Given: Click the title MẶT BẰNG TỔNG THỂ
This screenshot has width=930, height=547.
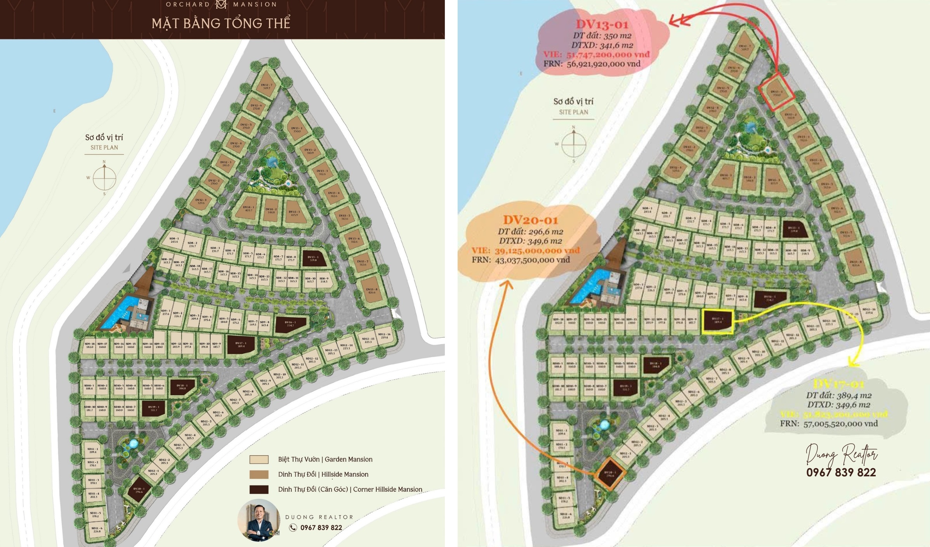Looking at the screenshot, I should coord(221,23).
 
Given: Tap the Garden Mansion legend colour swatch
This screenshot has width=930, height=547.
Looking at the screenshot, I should coord(259,460).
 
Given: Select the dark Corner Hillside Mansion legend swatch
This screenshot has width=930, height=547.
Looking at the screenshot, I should coord(259,490).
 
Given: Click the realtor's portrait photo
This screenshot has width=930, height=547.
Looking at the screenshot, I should coord(259,520).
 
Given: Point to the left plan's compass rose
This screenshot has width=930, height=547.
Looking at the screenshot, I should coord(104,178).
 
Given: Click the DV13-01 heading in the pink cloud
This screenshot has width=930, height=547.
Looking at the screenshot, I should coord(602,24).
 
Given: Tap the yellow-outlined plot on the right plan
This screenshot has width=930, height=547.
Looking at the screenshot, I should coord(717,321).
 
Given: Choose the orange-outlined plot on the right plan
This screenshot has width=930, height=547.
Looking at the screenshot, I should coord(610,474).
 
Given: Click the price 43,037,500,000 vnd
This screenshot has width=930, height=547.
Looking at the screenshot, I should coord(532,260).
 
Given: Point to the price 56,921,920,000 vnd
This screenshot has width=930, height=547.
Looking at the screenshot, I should coord(603,64).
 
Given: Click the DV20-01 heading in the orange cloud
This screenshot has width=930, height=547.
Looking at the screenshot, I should coord(530,220).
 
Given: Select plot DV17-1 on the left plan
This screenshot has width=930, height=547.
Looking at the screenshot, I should coord(241,345).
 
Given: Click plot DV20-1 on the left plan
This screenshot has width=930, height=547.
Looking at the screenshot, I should coord(139,490).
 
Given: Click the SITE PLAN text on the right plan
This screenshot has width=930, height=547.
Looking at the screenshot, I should coord(573,112).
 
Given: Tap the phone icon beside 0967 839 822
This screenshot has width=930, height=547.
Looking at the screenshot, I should coord(293,527).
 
